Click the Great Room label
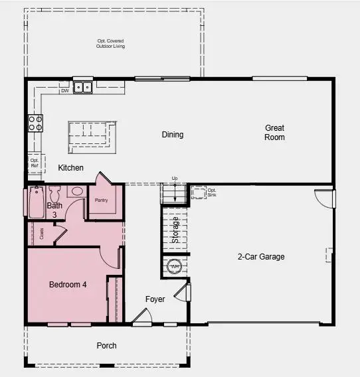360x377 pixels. click(274, 132)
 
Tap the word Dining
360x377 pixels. click(173, 135)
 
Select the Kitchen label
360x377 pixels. click(70, 168)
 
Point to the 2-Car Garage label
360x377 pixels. click(261, 257)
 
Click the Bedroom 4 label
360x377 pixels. click(68, 285)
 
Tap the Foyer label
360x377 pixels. click(155, 299)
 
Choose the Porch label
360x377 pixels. click(106, 345)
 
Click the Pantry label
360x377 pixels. click(102, 200)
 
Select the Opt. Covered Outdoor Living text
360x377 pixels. click(110, 44)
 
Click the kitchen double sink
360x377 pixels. click(83, 87)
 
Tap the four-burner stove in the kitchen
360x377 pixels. click(35, 122)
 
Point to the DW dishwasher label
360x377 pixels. click(65, 91)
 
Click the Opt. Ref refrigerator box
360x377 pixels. click(35, 163)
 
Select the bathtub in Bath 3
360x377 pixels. click(36, 202)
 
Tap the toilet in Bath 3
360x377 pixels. click(54, 193)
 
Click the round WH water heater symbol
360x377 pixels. click(175, 266)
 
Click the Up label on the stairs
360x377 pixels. click(175, 179)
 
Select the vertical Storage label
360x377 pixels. click(175, 230)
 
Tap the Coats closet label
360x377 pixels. click(42, 234)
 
